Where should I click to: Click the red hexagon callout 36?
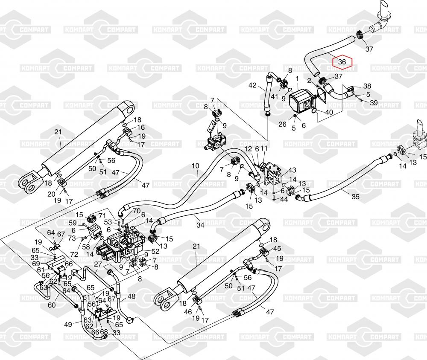[x=342, y=62]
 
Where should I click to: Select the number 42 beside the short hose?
[x=252, y=86]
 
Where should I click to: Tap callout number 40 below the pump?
[x=329, y=112]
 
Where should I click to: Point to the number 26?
[x=282, y=125]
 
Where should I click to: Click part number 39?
[x=374, y=103]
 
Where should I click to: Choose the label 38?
[x=367, y=86]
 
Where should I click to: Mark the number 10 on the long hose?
[x=195, y=165]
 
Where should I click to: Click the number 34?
[x=199, y=225]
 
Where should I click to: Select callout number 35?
[x=356, y=197]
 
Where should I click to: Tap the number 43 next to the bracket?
[x=292, y=170]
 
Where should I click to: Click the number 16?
[x=140, y=127]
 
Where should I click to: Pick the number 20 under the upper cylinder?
[x=51, y=194]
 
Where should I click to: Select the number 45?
[x=278, y=249]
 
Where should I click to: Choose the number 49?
[x=68, y=325]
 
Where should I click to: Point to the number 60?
[x=52, y=305]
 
